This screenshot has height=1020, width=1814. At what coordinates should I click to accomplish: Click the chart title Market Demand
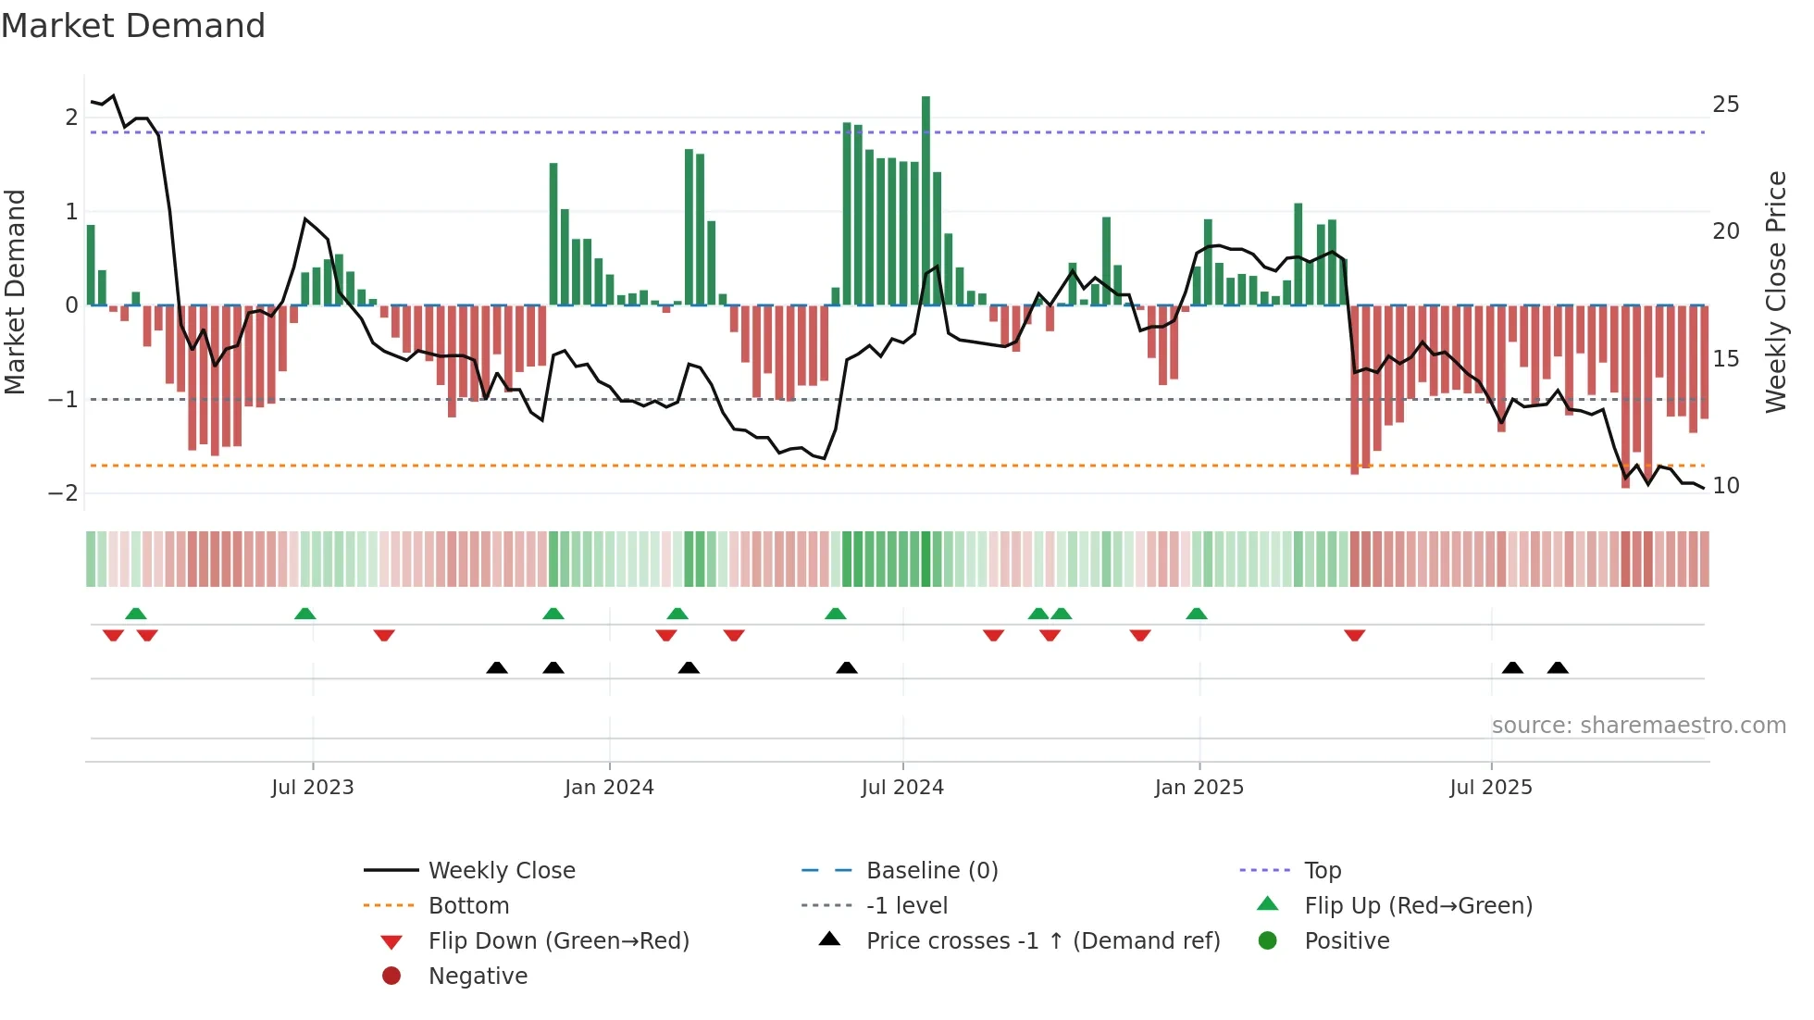[133, 26]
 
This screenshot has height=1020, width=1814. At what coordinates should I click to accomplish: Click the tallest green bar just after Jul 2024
[926, 200]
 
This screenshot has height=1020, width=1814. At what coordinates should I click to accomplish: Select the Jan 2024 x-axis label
[609, 788]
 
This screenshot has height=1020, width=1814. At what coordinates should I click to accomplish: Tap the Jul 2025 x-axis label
[1491, 788]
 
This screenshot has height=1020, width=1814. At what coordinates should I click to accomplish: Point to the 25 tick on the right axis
[1726, 105]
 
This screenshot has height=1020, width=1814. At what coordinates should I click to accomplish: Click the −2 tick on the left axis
[63, 493]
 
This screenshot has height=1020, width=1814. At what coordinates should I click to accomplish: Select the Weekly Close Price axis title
[1775, 292]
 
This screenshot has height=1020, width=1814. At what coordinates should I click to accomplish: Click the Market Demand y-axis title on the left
[16, 292]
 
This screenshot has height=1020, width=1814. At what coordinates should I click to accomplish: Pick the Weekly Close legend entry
[501, 871]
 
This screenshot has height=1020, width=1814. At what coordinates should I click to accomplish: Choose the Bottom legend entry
[468, 906]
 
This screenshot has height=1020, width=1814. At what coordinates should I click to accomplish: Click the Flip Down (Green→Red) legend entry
[558, 941]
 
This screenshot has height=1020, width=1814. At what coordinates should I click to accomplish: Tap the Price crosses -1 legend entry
[1042, 941]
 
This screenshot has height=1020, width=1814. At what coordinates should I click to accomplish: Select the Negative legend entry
[478, 976]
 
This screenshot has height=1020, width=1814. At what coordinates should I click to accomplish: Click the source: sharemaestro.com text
[1638, 726]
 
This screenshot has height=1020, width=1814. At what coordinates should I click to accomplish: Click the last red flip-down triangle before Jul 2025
[1355, 635]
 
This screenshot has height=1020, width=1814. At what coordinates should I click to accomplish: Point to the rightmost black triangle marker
[1558, 667]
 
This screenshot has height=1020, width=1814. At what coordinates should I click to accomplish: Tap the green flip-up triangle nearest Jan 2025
[1197, 614]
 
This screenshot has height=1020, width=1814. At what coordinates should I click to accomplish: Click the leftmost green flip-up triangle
[136, 614]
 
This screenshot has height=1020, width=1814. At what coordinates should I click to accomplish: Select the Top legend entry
[1323, 871]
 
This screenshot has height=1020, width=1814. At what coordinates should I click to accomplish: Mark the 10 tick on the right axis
[1726, 486]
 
